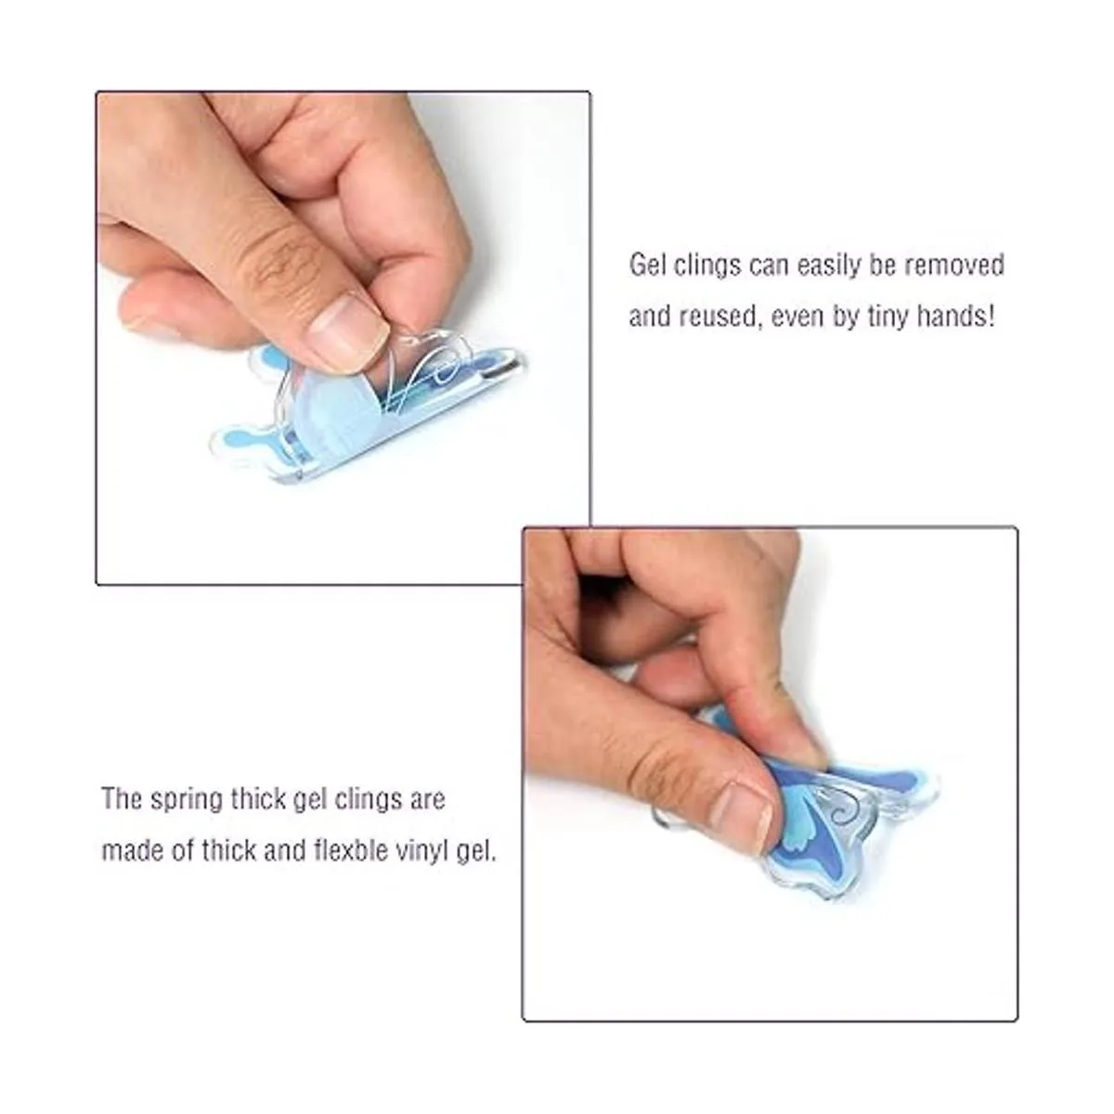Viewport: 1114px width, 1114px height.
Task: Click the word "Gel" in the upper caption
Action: pyautogui.click(x=645, y=266)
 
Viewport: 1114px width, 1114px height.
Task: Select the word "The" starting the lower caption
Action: pyautogui.click(x=122, y=799)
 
